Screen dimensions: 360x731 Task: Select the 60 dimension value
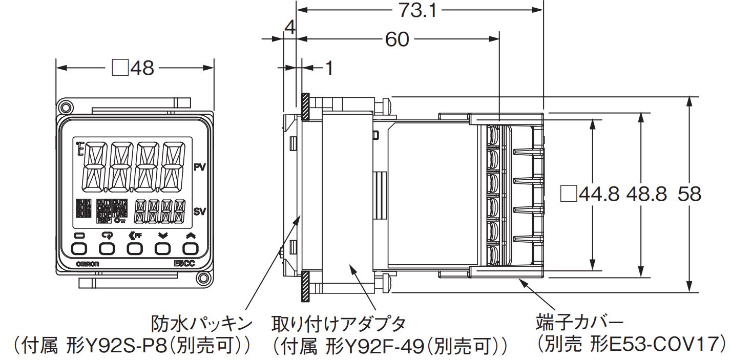click(x=397, y=39)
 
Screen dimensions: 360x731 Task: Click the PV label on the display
click(x=200, y=166)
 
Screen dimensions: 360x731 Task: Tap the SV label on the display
click(x=200, y=211)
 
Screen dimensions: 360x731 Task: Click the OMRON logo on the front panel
click(x=88, y=263)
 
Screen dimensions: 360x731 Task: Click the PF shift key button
click(x=135, y=249)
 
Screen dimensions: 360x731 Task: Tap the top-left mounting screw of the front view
click(x=64, y=107)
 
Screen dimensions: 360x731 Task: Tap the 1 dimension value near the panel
click(x=328, y=68)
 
